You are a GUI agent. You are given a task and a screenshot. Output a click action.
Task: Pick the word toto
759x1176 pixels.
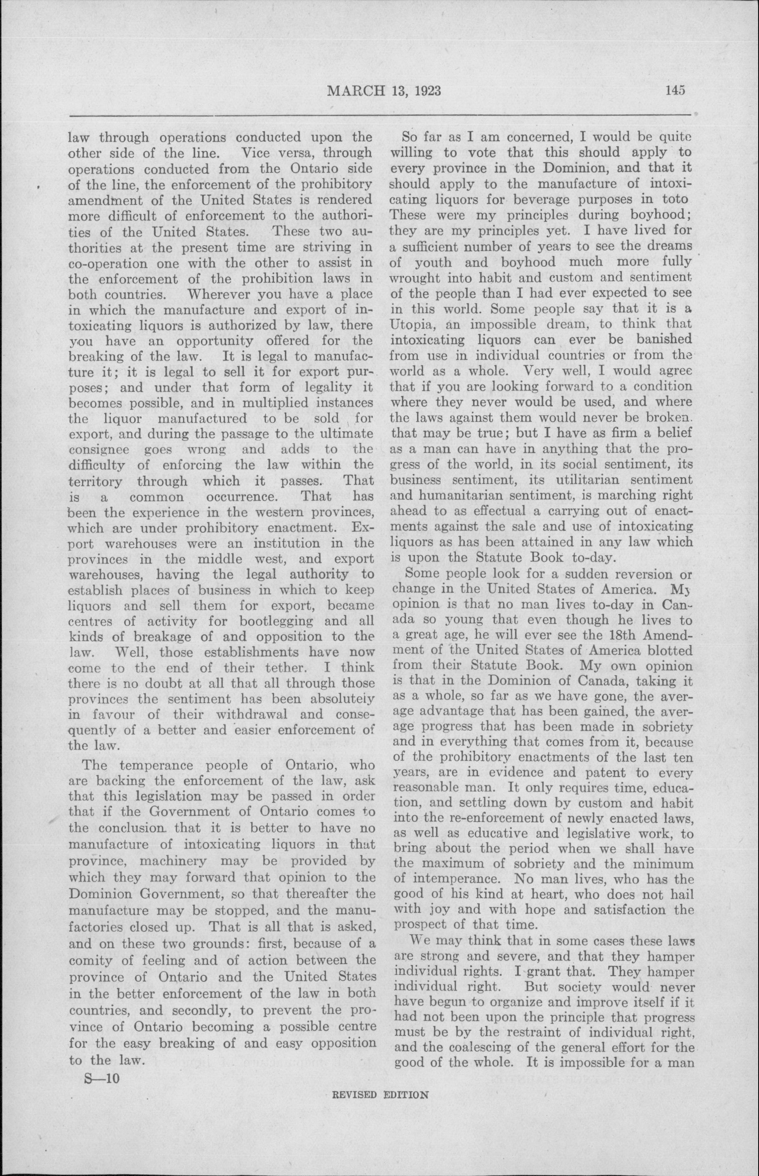672,199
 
